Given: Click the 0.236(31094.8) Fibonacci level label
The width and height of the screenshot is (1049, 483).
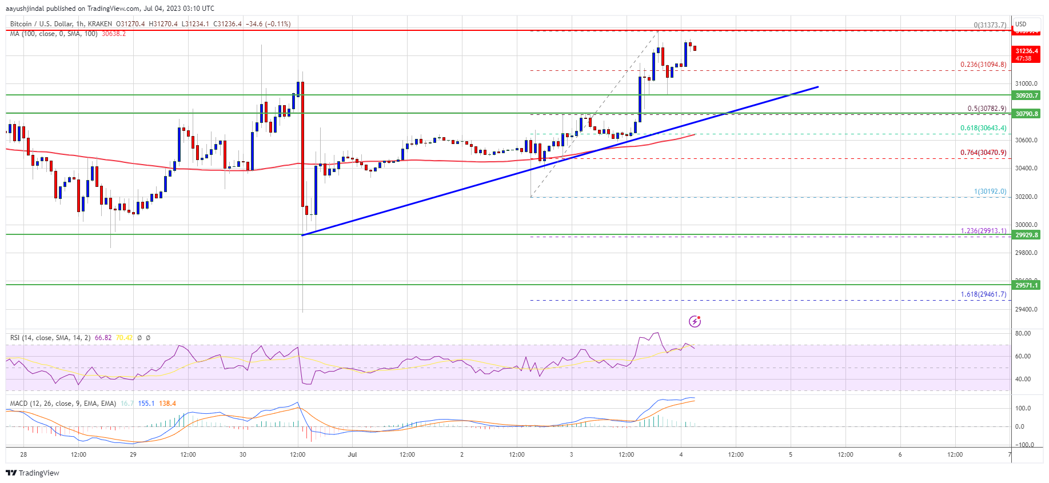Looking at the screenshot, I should (983, 65).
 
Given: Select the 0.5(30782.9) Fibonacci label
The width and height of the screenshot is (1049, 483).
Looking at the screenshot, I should (987, 109).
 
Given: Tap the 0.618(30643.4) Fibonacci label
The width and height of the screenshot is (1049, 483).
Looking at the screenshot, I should (983, 128).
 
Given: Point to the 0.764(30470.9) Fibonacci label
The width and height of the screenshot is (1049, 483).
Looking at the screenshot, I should (983, 153).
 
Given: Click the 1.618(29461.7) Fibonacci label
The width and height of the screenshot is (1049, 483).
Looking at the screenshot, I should (983, 294).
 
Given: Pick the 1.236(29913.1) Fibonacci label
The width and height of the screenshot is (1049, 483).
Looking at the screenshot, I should (983, 231).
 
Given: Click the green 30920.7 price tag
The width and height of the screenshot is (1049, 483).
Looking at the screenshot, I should (1027, 95).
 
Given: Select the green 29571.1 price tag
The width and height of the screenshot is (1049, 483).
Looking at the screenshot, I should (1027, 285).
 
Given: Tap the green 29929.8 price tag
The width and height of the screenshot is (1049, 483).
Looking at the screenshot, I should (1027, 235).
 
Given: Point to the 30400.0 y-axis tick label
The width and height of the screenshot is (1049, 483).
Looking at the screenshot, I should (1026, 168).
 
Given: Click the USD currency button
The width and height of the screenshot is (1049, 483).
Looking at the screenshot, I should (1020, 24).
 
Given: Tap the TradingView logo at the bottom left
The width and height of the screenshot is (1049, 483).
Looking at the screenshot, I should (33, 473).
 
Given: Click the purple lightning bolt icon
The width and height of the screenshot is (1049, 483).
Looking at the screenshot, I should (695, 321).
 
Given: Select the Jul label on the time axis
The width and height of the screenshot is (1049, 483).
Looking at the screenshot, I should (352, 454).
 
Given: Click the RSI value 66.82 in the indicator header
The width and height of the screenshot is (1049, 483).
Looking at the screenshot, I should (103, 338).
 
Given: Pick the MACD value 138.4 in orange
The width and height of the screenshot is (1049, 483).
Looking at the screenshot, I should (167, 404).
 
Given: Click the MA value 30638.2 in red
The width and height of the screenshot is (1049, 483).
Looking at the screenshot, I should (114, 34).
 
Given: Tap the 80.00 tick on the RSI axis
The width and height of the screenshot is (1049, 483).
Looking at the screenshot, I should (1023, 333).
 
